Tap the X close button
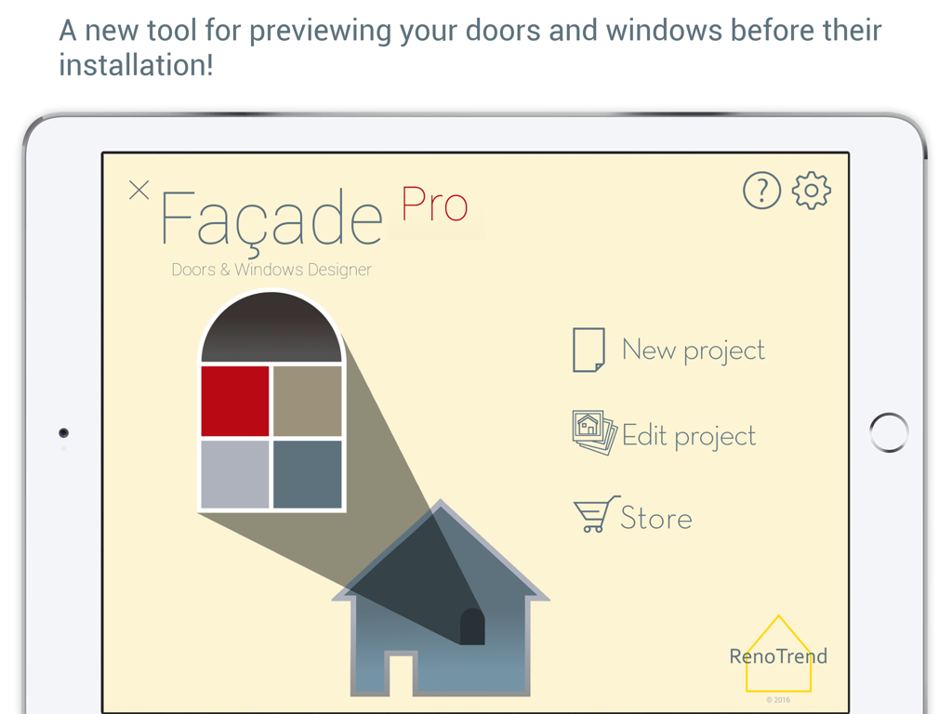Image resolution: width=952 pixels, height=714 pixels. (139, 191)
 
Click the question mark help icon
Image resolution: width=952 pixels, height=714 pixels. (761, 191)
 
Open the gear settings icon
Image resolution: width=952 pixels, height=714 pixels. (812, 191)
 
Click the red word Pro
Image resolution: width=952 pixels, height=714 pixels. (434, 205)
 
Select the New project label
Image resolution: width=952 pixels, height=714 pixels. (694, 350)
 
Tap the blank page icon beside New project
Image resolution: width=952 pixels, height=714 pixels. (588, 350)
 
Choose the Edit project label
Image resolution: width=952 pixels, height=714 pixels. (689, 436)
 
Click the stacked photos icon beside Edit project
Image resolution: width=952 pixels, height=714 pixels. (593, 432)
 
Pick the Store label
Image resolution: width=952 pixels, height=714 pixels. (656, 518)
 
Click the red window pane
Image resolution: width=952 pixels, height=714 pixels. (235, 401)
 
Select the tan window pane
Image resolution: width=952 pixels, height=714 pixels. (308, 401)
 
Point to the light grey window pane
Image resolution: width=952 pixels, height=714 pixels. (235, 472)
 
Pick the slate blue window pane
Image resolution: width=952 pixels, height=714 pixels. (308, 472)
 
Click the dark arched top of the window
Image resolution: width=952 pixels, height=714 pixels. (271, 330)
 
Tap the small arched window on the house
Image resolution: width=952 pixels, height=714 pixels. (472, 628)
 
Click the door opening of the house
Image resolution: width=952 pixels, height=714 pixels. (401, 673)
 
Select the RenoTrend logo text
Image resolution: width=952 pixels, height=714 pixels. (778, 656)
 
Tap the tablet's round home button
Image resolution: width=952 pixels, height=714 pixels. (889, 432)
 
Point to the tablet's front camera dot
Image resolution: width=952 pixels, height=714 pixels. (63, 433)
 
